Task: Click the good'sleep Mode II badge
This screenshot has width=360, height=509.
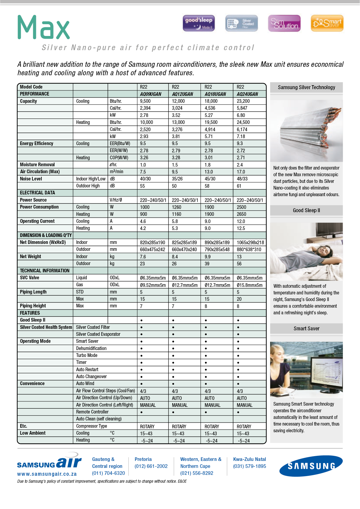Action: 199,23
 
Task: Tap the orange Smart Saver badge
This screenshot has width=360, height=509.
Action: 327,23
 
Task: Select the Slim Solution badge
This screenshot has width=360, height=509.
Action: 284,23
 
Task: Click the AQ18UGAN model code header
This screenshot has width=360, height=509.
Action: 215,94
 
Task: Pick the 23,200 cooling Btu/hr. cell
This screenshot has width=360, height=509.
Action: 243,101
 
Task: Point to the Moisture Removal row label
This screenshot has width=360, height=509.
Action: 37,165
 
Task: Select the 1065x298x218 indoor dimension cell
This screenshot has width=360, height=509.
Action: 250,242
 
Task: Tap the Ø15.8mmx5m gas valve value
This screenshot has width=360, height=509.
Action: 249,285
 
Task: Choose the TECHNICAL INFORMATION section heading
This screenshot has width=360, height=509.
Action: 45,271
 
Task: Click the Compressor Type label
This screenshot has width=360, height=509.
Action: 92,426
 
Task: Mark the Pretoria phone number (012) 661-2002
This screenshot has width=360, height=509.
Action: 151,466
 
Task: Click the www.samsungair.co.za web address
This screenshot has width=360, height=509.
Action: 47,474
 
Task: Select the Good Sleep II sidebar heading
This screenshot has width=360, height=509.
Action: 306,210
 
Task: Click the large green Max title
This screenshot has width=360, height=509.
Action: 44,28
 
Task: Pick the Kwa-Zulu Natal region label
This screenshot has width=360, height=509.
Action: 249,459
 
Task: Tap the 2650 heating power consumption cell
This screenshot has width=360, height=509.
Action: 241,214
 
